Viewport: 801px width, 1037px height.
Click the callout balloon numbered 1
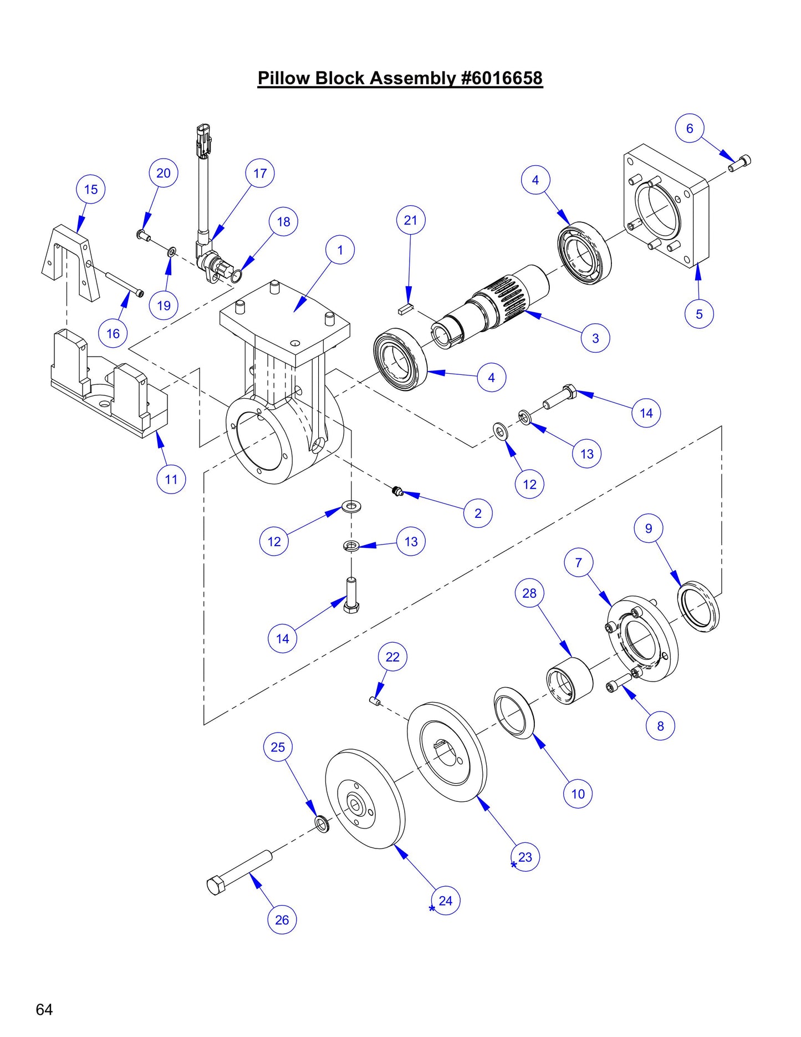340,250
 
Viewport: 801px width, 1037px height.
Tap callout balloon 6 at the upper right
689,129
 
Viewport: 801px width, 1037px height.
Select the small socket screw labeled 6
741,163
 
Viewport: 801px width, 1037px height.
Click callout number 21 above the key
410,220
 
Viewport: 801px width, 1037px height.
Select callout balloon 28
529,593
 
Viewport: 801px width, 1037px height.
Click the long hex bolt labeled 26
239,872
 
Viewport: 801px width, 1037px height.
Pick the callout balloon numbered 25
278,747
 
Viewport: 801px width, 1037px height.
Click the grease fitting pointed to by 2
396,490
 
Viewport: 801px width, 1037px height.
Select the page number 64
44,1009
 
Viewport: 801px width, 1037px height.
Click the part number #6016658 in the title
502,78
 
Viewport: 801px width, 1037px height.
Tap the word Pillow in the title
283,78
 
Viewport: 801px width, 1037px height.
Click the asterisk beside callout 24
432,908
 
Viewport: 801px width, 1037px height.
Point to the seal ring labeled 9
698,606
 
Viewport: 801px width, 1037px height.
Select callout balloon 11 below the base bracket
171,479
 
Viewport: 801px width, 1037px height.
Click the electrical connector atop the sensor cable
203,141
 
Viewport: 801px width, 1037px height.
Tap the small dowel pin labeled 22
374,701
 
